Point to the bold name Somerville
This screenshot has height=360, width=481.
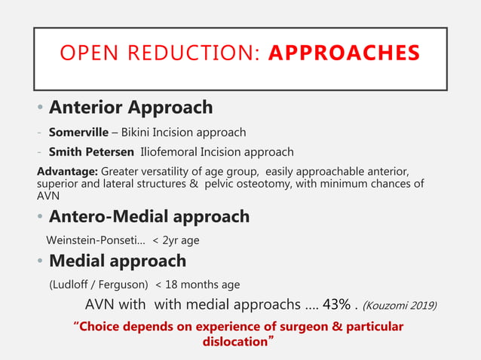point(79,132)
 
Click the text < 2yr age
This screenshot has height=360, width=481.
point(176,240)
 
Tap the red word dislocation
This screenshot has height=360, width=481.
point(235,341)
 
